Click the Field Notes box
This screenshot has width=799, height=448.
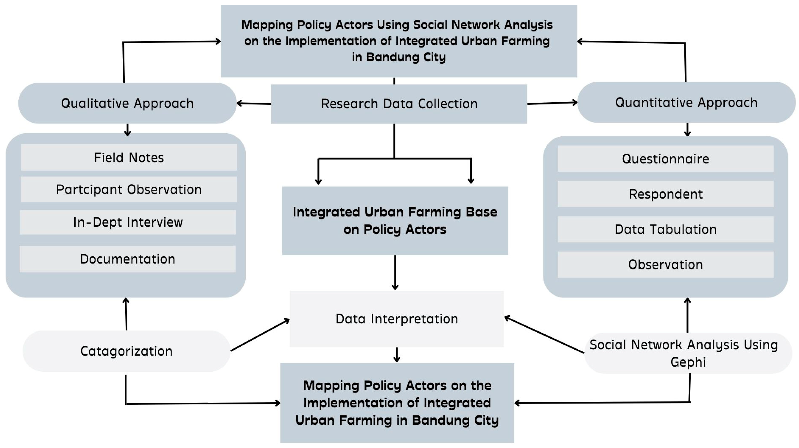[x=129, y=158]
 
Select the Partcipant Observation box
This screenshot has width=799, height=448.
[x=129, y=189]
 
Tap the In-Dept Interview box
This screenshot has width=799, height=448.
[x=128, y=222]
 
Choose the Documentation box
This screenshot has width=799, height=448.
[x=128, y=259]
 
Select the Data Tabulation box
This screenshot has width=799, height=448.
[x=666, y=229]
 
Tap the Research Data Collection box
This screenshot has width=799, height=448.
[x=399, y=104]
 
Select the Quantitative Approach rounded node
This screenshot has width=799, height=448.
[x=686, y=102]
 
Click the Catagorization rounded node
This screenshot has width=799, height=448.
[x=126, y=351]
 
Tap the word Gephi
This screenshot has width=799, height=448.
[x=688, y=362]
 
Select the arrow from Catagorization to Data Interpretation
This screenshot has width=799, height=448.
[x=260, y=335]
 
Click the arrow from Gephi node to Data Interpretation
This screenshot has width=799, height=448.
[x=544, y=334]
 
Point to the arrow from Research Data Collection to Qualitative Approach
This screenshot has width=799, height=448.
[x=254, y=103]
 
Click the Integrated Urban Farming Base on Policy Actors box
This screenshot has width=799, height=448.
[x=395, y=220]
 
